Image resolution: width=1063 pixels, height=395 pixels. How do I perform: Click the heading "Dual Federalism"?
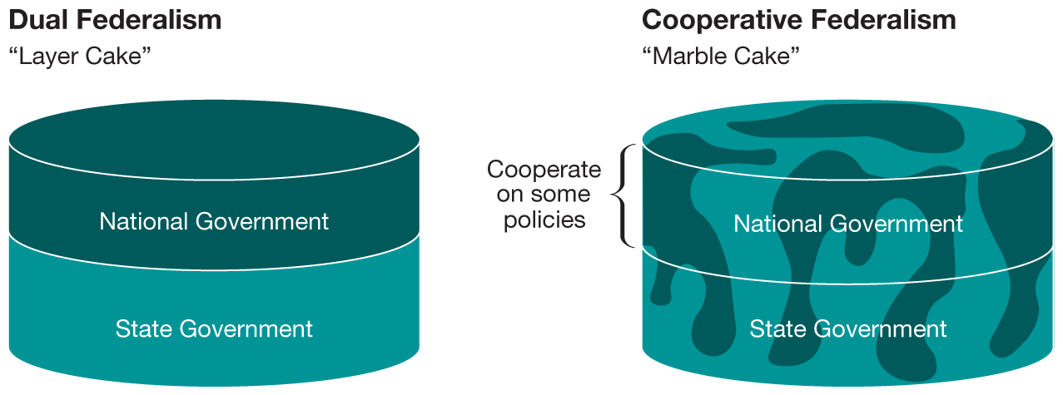click(x=115, y=20)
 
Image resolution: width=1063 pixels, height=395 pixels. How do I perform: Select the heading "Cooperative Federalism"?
click(x=799, y=20)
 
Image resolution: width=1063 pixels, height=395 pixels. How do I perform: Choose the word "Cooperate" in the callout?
click(x=544, y=170)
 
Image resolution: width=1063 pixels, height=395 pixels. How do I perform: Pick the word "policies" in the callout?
click(x=544, y=220)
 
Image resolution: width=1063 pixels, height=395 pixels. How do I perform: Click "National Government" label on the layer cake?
click(x=214, y=221)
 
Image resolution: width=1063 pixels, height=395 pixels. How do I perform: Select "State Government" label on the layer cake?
click(x=214, y=328)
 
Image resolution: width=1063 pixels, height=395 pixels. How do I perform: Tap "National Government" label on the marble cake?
click(x=848, y=224)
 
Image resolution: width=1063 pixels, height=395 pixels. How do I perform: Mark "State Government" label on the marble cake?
click(x=848, y=328)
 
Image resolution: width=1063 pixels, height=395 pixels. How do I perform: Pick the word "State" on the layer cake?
click(x=148, y=328)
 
